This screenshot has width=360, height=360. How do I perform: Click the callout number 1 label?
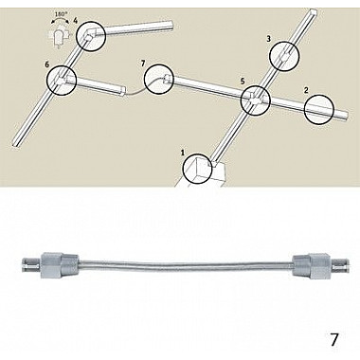(x=182, y=153)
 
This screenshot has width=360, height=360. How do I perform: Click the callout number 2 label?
(x=306, y=90)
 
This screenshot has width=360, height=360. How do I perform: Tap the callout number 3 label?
(x=269, y=39)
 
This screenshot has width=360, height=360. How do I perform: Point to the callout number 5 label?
(x=243, y=81)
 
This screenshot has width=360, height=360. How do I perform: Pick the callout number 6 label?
(x=47, y=64)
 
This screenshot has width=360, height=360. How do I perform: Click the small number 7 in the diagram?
(x=142, y=63)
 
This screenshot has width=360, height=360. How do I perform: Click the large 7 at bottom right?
(x=333, y=340)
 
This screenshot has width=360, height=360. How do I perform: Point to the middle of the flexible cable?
(x=185, y=263)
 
